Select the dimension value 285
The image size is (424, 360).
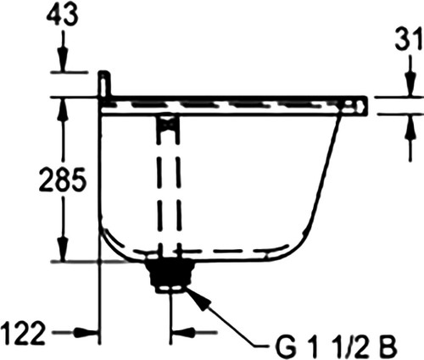[x=62, y=179]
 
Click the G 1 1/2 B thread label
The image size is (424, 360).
[x=336, y=346]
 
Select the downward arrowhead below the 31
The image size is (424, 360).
[x=410, y=84]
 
